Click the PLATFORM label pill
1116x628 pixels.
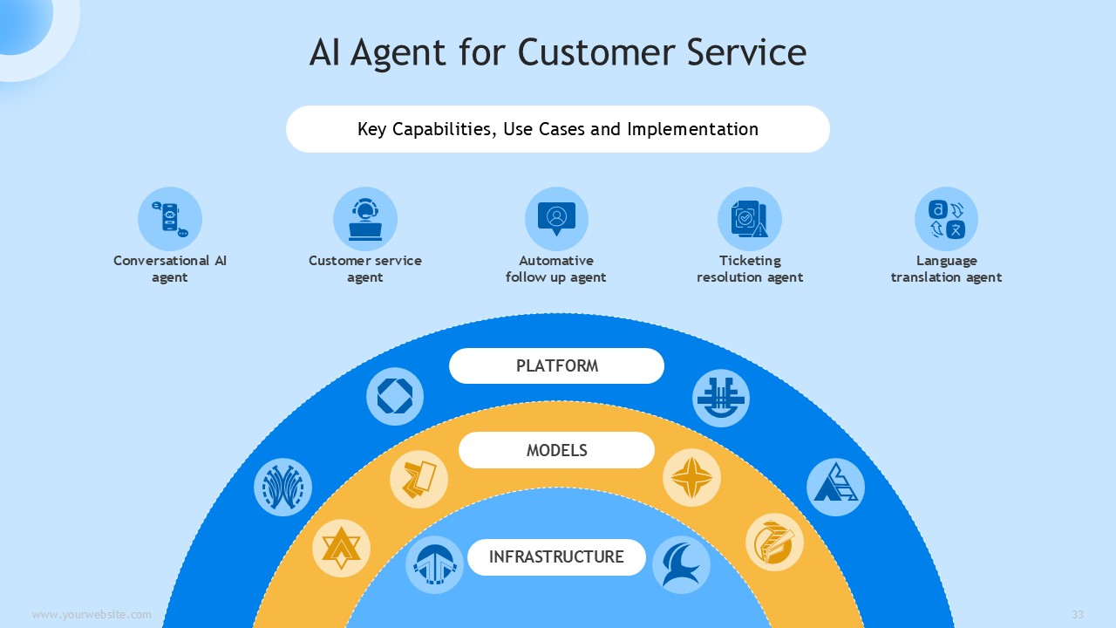[x=556, y=365]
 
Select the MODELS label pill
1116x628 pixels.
[x=556, y=450]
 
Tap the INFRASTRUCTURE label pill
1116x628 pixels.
[x=556, y=556]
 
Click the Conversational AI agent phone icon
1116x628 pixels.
[x=170, y=219]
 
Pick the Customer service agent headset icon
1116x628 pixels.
[x=365, y=219]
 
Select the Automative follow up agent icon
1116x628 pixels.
[x=556, y=219]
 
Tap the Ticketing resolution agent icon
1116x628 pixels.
[x=750, y=219]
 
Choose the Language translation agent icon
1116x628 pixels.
[x=946, y=219]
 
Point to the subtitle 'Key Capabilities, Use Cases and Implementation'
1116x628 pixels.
[x=558, y=129]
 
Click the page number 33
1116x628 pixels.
[x=1078, y=614]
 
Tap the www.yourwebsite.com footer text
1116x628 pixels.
[x=92, y=614]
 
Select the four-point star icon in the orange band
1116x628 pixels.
[x=691, y=477]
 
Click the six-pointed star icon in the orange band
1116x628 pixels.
[x=341, y=549]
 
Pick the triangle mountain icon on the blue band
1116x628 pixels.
[x=835, y=487]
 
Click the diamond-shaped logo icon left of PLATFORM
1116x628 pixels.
[x=395, y=397]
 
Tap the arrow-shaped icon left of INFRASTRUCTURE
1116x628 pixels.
[x=434, y=564]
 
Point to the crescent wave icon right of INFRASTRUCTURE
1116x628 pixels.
[x=681, y=564]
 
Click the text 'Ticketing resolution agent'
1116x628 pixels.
[x=750, y=269]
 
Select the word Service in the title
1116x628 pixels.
[x=746, y=52]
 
